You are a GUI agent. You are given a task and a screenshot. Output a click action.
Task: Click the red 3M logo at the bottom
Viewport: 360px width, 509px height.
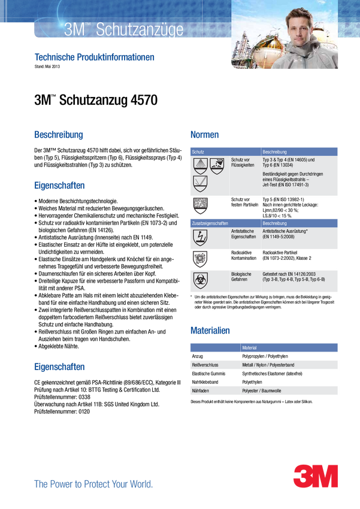point(316,475)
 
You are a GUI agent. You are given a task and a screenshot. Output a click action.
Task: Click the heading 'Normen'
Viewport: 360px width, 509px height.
point(204,134)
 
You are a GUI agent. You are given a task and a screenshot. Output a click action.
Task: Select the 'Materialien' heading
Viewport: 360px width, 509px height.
point(210,331)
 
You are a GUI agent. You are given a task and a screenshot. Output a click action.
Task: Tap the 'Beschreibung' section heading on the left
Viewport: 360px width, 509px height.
point(59,134)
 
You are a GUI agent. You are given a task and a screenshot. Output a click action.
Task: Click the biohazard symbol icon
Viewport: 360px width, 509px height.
point(200,281)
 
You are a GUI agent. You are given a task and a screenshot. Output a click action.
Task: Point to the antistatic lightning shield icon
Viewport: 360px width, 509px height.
point(200,238)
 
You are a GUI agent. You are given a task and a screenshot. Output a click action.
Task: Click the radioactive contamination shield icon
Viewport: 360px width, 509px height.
point(200,259)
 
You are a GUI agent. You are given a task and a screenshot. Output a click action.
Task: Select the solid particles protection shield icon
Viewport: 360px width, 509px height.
point(200,205)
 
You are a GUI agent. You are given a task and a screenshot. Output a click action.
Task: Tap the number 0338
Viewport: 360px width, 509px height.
point(84,397)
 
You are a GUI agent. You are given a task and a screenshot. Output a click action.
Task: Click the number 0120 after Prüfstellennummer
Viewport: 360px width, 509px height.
point(84,411)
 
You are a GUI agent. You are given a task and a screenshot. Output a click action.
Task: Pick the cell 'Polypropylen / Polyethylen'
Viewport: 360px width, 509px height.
point(265,356)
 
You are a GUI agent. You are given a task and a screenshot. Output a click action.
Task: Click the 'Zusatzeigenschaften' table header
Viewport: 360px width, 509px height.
point(210,223)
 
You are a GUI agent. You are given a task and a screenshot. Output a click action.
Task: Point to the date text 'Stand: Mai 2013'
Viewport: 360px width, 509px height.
point(47,66)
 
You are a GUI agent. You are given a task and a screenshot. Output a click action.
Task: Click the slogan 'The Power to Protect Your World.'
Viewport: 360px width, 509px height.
point(93,484)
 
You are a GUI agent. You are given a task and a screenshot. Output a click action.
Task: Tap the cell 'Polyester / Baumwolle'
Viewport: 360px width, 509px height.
point(262,391)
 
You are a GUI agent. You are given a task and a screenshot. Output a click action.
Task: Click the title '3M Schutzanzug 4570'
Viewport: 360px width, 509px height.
point(96,100)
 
